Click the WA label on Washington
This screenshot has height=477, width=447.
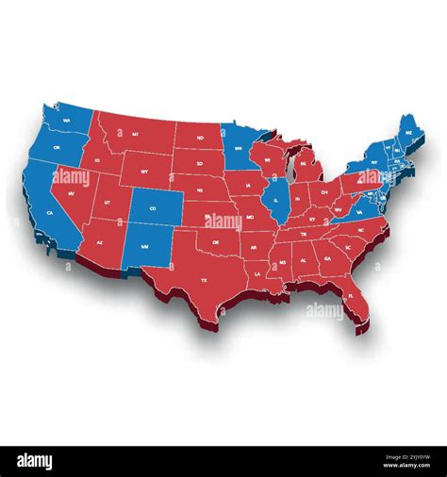(66, 121)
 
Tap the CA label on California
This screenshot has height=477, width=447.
(48, 213)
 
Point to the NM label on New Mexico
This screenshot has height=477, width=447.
(144, 246)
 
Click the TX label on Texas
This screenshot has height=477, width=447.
(203, 280)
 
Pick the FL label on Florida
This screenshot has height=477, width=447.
(350, 295)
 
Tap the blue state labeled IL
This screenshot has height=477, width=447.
(275, 200)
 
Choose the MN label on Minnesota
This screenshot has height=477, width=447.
(240, 148)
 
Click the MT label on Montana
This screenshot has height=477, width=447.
(136, 136)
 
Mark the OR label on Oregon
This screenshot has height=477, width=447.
(58, 149)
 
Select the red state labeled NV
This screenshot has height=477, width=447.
(72, 192)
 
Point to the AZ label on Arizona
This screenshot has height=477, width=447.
(100, 241)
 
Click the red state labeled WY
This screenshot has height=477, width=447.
(142, 171)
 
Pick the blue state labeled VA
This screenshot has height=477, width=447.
(359, 211)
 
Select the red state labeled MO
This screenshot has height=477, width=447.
(248, 214)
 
